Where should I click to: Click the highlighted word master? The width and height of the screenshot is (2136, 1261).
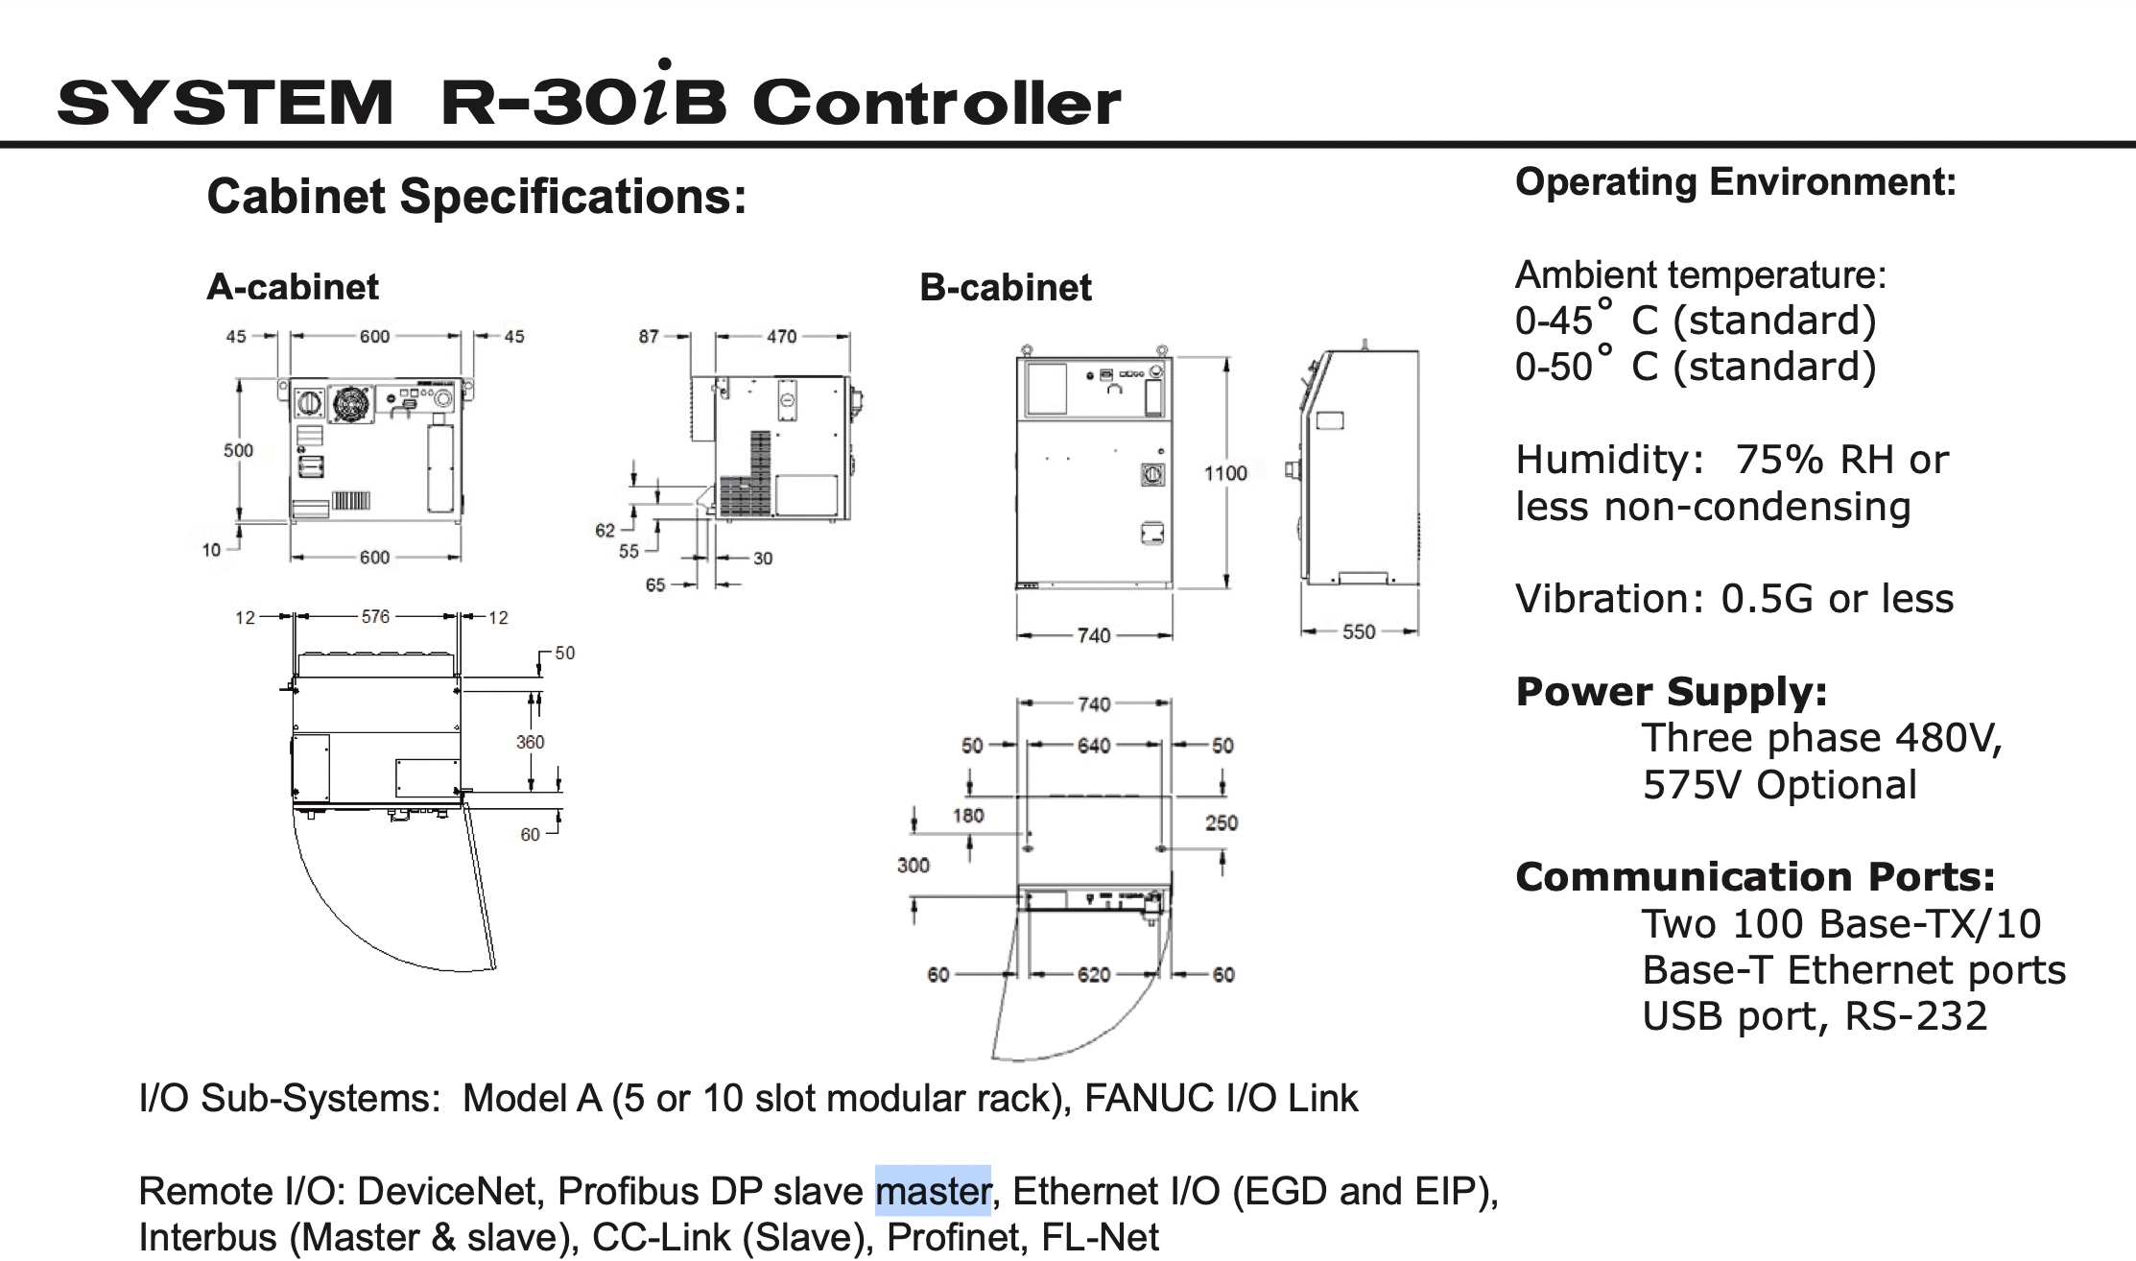click(x=932, y=1191)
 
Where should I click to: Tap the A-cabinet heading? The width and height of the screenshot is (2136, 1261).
click(x=293, y=287)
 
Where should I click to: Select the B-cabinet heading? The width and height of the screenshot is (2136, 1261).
click(x=1005, y=287)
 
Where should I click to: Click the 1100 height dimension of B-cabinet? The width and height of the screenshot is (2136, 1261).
click(x=1225, y=473)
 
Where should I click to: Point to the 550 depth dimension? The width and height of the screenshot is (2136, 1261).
click(x=1358, y=631)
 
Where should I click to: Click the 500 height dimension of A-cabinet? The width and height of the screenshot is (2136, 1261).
click(x=238, y=450)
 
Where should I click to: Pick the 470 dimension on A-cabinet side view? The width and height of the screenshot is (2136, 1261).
click(x=781, y=337)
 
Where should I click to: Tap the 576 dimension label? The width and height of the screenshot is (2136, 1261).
click(x=375, y=616)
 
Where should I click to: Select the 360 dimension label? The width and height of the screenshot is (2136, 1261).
click(x=530, y=742)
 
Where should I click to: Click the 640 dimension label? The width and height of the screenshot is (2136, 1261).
click(x=1093, y=746)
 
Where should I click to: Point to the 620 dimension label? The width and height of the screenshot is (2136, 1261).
click(x=1093, y=975)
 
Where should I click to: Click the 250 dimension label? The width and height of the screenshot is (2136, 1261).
click(x=1221, y=822)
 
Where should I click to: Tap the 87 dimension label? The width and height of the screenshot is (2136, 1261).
click(x=649, y=337)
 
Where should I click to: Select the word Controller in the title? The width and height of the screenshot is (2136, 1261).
click(x=937, y=103)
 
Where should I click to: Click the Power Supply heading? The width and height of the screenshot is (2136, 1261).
click(x=1671, y=692)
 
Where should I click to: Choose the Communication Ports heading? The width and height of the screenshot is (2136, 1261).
click(x=1755, y=877)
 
